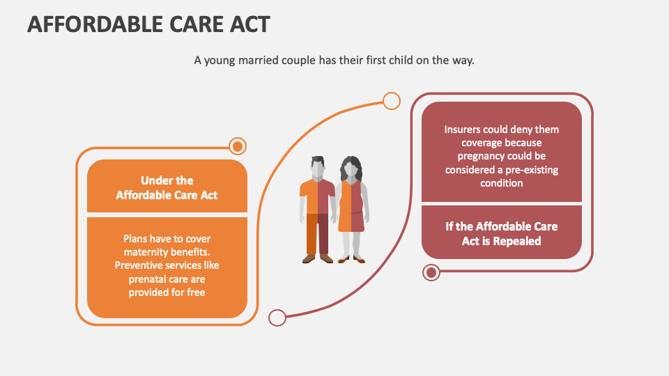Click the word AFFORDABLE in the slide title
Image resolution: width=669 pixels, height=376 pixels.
95,24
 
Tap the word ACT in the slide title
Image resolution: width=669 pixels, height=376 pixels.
249,24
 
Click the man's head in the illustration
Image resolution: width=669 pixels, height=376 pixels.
318,166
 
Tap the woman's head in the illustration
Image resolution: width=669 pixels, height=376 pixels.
351,168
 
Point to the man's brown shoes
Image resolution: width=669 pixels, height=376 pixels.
318,258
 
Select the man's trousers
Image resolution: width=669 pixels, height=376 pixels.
318,234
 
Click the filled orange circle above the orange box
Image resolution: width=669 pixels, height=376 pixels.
238,147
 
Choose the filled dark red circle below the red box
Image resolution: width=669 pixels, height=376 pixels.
431,272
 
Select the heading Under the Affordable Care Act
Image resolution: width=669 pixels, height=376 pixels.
167,187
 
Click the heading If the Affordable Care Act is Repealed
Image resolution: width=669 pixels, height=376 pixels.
501,234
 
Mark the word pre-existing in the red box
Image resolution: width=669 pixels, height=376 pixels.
531,170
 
